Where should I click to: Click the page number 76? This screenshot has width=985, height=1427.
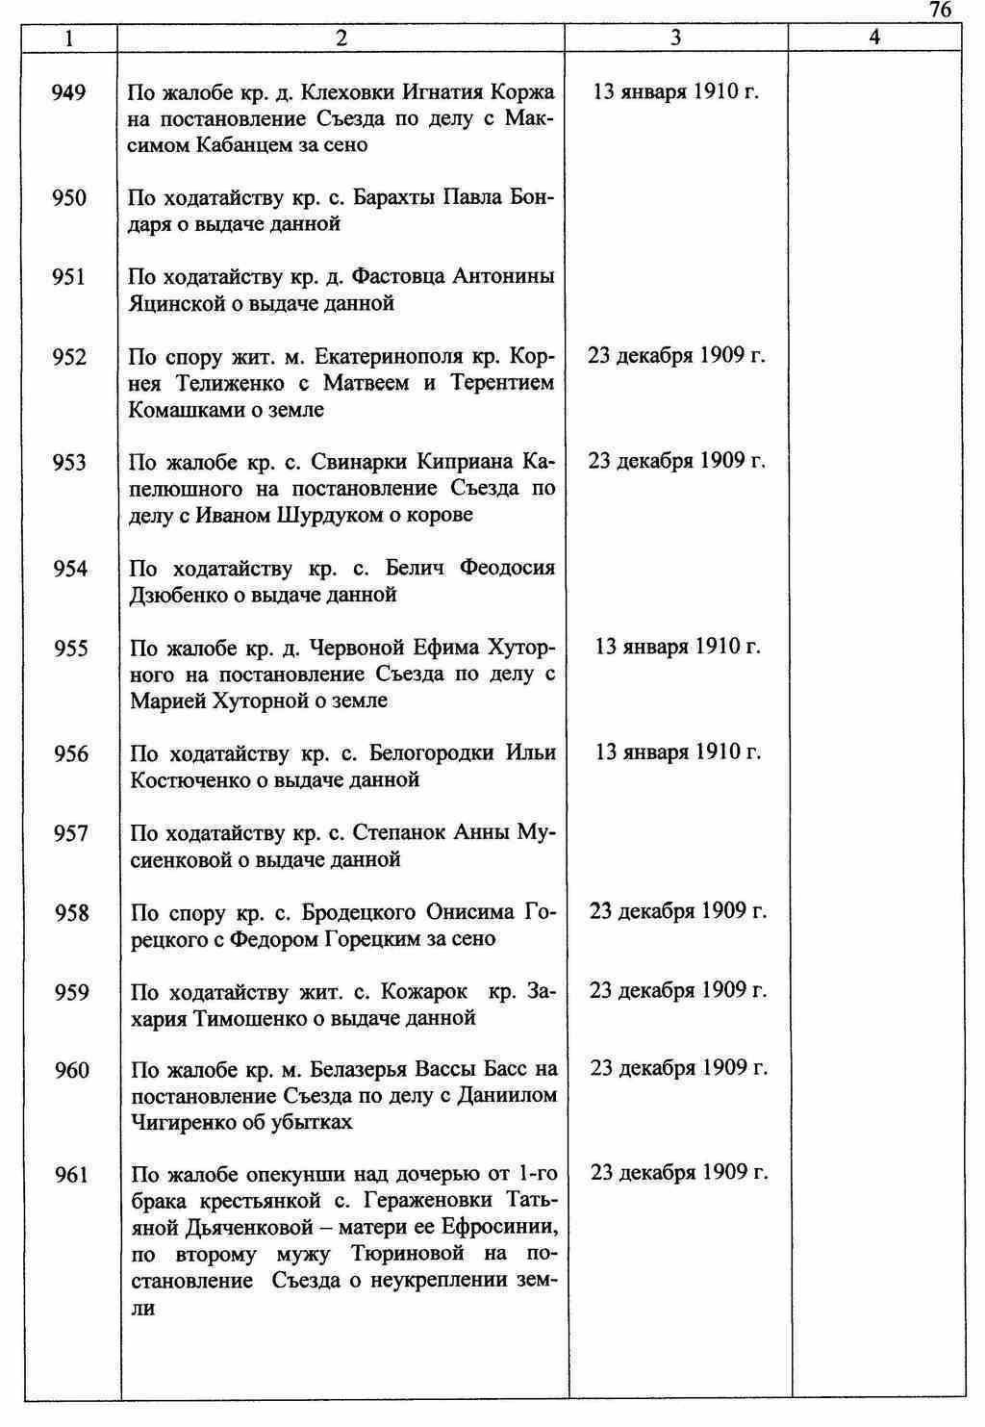[940, 10]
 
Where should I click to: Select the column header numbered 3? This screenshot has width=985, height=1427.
[676, 38]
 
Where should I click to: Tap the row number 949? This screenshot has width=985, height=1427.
[69, 92]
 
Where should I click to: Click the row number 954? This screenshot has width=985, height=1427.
[70, 569]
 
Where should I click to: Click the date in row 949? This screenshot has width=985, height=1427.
[676, 92]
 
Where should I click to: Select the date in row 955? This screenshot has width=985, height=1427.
[677, 647]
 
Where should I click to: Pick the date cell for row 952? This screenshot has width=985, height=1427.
[676, 356]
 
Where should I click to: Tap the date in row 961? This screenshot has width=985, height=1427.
[678, 1173]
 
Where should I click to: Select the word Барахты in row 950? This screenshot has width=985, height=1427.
[394, 198]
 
